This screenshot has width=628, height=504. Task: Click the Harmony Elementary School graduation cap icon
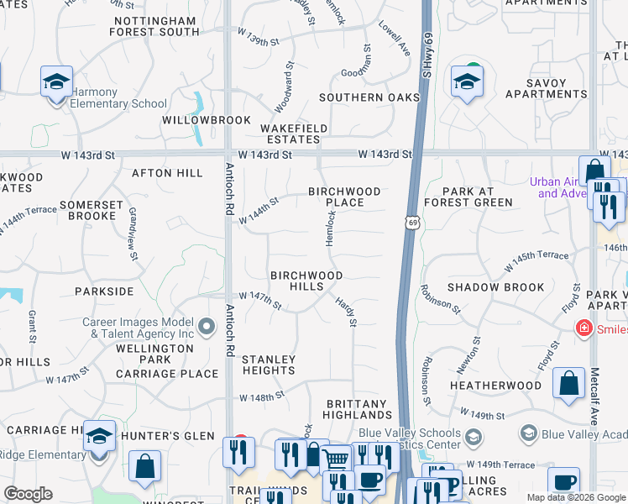click(x=56, y=82)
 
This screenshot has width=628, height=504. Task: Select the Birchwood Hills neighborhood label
click(x=306, y=281)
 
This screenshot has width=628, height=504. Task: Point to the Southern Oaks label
click(x=369, y=97)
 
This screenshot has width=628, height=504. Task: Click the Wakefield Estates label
click(x=293, y=134)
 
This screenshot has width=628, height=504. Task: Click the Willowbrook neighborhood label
click(x=207, y=120)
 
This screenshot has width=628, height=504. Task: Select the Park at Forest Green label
click(x=468, y=197)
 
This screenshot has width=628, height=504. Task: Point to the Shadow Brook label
click(x=495, y=287)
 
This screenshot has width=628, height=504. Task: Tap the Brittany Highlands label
click(x=358, y=409)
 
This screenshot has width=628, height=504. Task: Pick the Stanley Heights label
click(x=269, y=365)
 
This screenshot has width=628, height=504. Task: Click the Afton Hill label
click(x=167, y=173)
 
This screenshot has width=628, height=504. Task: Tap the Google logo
click(x=29, y=494)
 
